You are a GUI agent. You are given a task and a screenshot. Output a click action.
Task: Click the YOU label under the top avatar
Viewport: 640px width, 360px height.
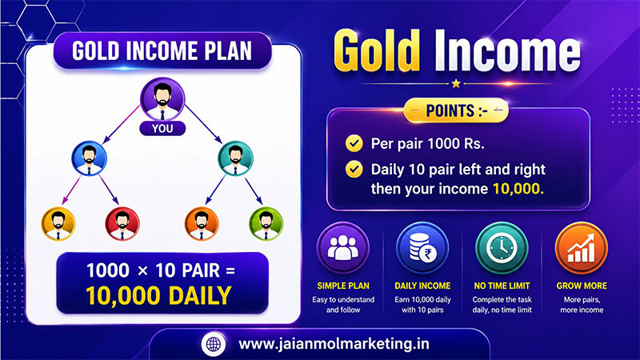point(162,129)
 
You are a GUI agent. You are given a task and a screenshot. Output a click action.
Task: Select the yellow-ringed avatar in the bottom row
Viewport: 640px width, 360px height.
point(58,224)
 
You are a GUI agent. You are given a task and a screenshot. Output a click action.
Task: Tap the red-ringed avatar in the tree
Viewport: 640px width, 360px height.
point(122,224)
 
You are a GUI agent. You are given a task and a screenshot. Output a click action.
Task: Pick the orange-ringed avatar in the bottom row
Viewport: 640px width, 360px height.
point(202,224)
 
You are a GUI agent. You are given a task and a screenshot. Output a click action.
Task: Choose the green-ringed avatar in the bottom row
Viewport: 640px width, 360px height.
point(266,224)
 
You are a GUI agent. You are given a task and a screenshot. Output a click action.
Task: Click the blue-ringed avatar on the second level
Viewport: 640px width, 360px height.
point(90,158)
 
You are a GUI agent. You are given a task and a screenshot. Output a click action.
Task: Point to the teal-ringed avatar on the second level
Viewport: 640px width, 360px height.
point(235,158)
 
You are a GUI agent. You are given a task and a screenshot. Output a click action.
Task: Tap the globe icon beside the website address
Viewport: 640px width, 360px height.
point(214,344)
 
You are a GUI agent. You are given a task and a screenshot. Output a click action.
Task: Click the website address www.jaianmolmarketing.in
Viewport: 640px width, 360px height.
point(334,344)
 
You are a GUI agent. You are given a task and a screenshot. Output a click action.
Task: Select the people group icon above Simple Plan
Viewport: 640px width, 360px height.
point(343,248)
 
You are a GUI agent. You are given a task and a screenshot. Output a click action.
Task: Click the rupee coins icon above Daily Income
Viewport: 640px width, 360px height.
point(422,248)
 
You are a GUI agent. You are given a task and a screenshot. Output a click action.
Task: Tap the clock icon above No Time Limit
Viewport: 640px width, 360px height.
point(502,248)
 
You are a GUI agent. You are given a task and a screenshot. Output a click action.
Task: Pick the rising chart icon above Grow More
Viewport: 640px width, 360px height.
point(582,248)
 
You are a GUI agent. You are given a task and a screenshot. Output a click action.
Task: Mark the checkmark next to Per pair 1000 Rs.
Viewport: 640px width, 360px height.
point(354,144)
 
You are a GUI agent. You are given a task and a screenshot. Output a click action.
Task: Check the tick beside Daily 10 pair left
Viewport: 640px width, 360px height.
point(354,170)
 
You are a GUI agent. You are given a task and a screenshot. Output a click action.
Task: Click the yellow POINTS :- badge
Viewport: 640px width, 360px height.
point(456,110)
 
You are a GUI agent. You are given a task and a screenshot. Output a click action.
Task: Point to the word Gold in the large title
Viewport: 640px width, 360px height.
point(377,52)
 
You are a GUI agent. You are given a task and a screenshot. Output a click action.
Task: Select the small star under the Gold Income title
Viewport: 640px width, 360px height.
point(456,84)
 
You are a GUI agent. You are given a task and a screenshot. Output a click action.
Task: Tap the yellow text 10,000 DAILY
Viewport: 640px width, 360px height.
point(158,296)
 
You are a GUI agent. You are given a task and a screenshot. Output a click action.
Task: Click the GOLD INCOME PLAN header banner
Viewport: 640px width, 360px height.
point(162,51)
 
